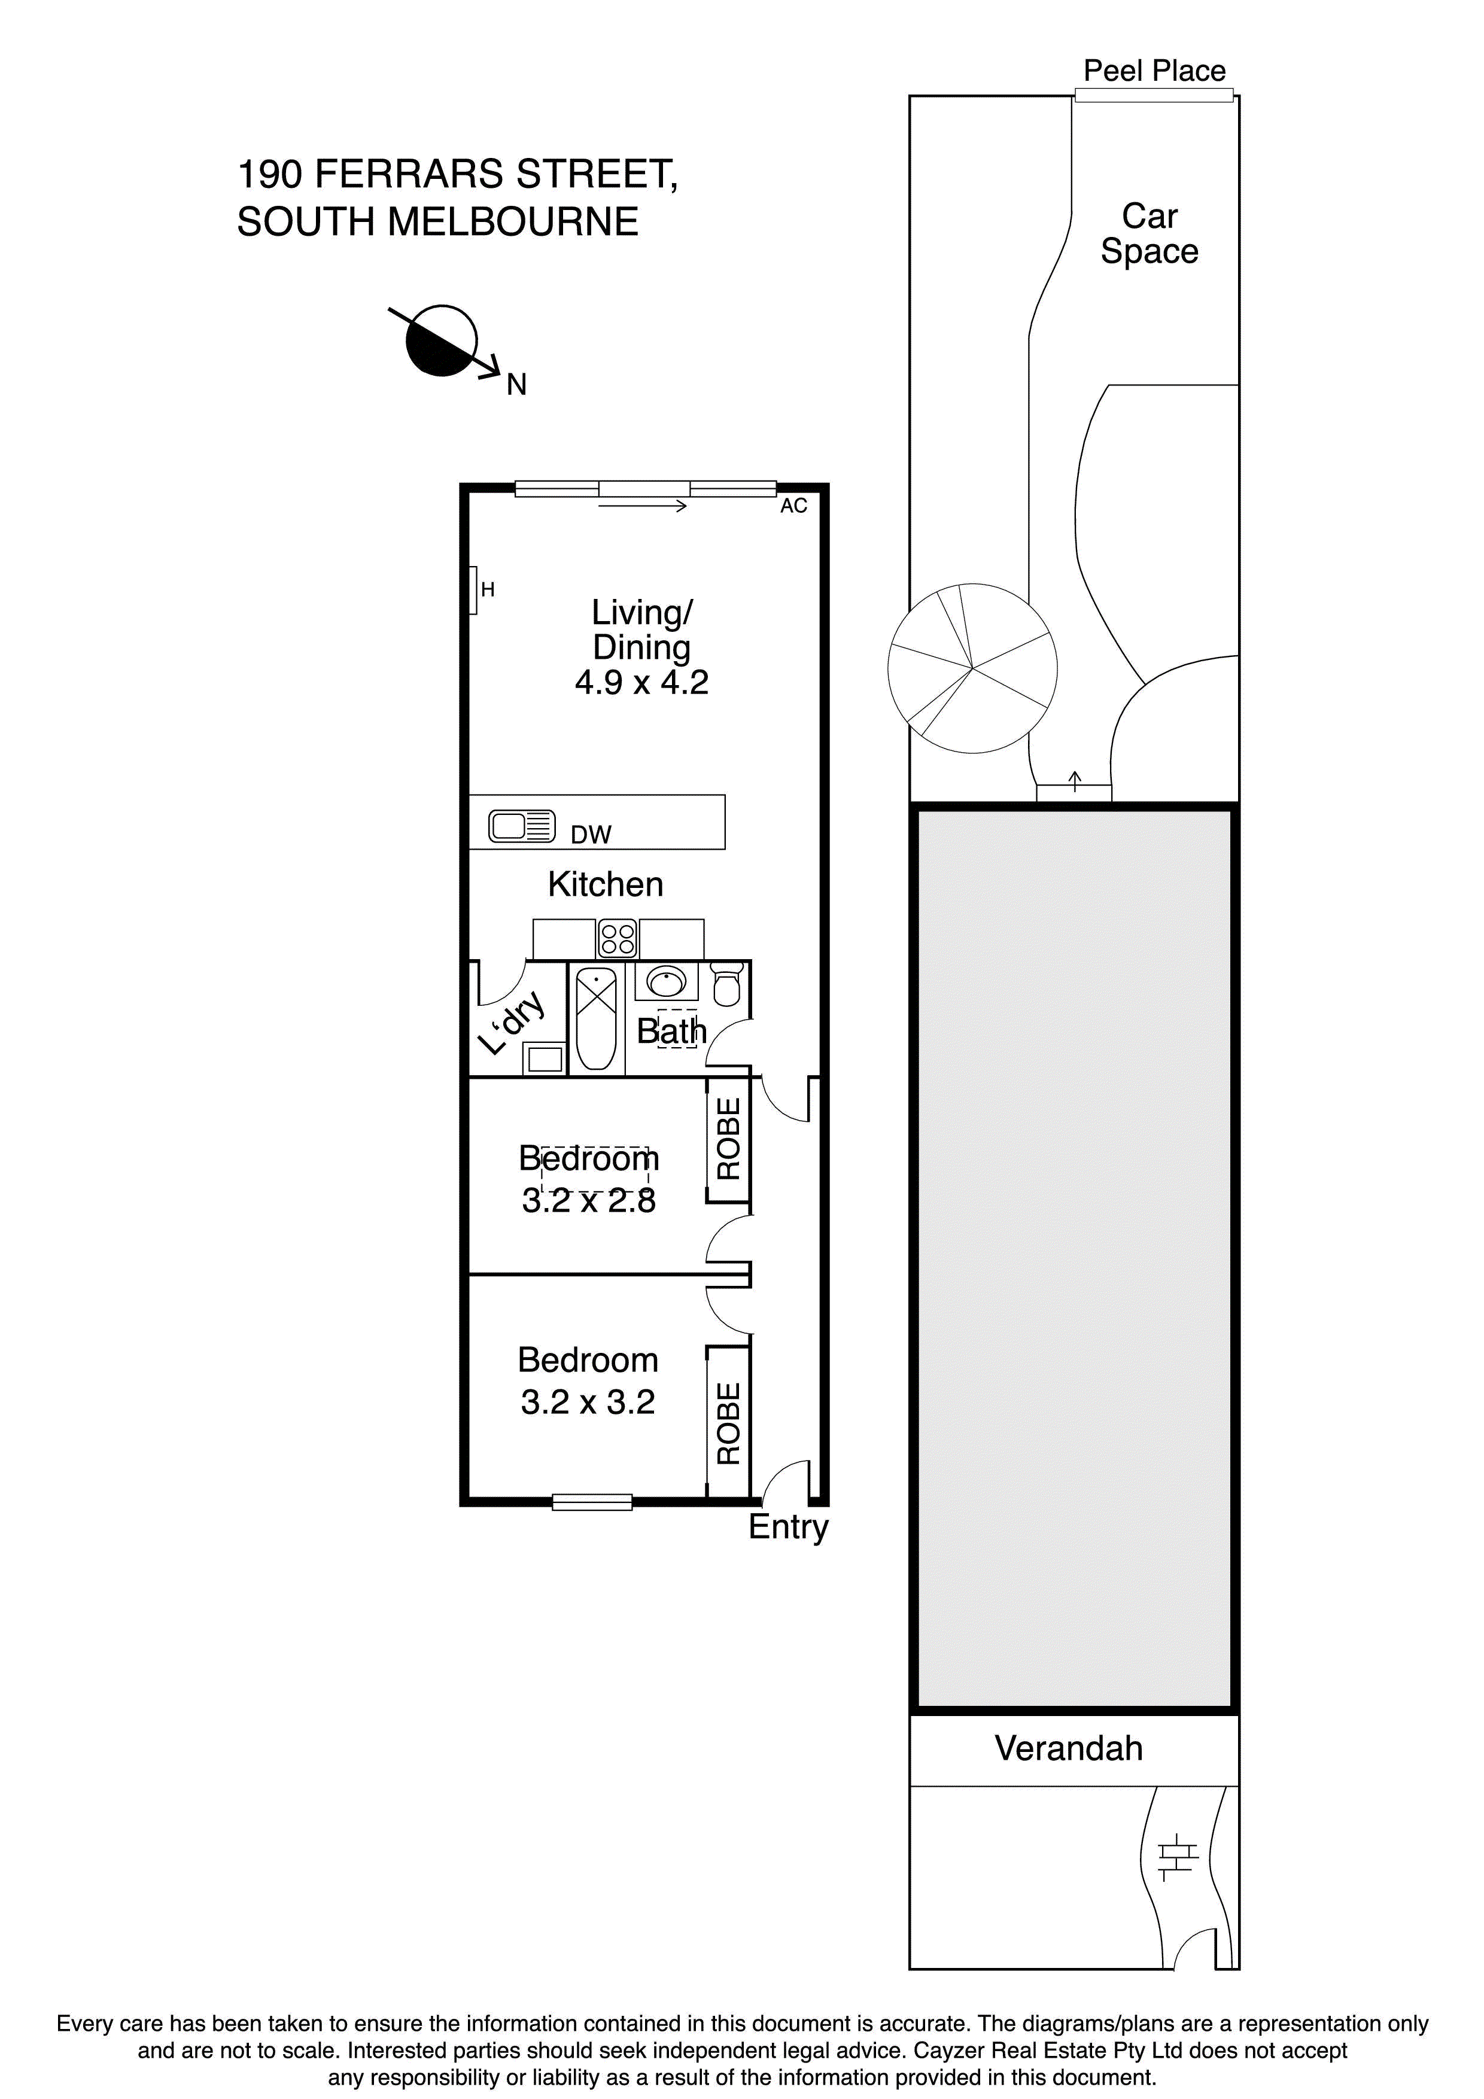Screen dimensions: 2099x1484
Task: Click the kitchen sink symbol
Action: coord(521,826)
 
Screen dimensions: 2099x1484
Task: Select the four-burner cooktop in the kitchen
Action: coord(617,939)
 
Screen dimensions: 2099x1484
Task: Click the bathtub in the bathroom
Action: coord(595,1018)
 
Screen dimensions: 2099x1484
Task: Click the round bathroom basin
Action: coord(665,982)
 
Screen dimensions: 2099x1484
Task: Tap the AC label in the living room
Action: coord(793,506)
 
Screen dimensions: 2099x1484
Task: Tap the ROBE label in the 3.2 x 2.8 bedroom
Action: coord(728,1138)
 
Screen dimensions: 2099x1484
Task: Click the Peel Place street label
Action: coord(1153,71)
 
